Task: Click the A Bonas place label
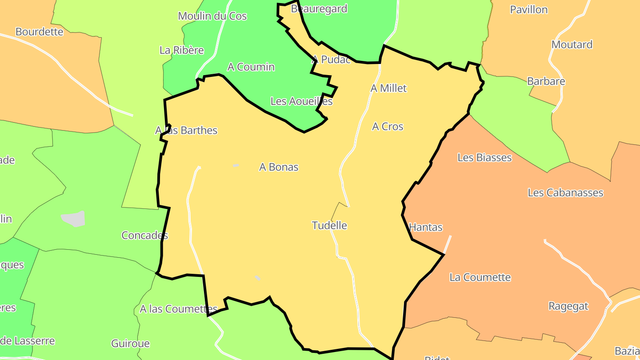[279, 167]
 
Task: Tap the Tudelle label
[329, 225]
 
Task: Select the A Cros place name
[388, 127]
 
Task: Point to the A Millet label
[388, 88]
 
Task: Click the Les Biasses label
[484, 158]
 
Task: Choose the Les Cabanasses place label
[565, 193]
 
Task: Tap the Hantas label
[425, 228]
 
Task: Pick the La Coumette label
[480, 277]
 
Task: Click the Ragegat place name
[568, 306]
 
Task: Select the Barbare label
[546, 81]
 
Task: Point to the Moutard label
[572, 45]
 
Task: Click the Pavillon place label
[528, 10]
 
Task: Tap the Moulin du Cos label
[212, 16]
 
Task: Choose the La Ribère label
[181, 50]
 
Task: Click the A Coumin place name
[251, 67]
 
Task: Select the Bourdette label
[39, 32]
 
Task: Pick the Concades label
[144, 236]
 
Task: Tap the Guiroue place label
[130, 344]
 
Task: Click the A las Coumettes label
[178, 309]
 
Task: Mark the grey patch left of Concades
[73, 219]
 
